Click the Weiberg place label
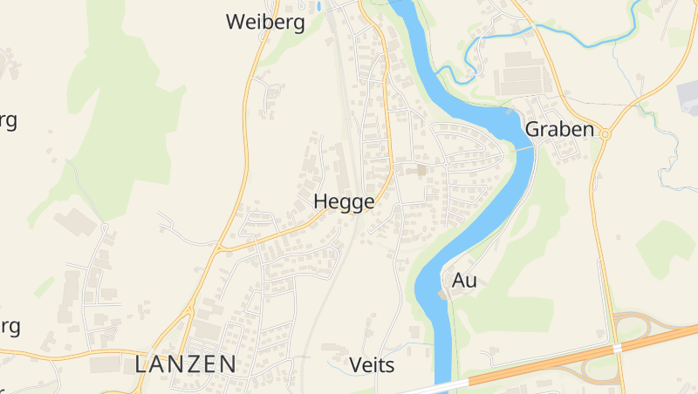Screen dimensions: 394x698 [x=265, y=22]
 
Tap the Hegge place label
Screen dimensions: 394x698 [x=344, y=201]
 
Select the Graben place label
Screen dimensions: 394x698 [x=559, y=129]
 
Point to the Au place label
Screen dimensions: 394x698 [x=465, y=281]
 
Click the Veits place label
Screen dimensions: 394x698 [x=372, y=364]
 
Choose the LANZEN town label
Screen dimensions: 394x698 [x=186, y=364]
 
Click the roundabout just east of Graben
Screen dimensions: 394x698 [x=604, y=134]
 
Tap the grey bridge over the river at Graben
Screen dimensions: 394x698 [x=524, y=148]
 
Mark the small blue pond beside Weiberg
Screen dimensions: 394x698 [x=319, y=7]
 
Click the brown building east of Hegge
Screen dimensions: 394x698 [x=422, y=169]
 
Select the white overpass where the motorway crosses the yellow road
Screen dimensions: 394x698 [x=617, y=347]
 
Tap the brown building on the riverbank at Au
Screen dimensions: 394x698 [x=443, y=295]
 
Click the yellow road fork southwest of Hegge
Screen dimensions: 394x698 [x=219, y=248]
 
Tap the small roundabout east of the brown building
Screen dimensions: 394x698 [x=446, y=162]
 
